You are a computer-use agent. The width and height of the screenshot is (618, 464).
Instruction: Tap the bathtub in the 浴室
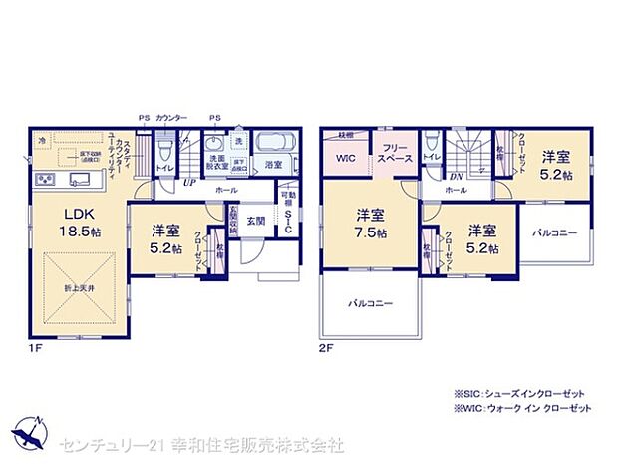[269, 145]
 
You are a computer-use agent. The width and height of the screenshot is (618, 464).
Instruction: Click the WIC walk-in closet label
[346, 159]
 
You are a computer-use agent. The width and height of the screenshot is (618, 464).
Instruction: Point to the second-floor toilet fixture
[430, 145]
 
